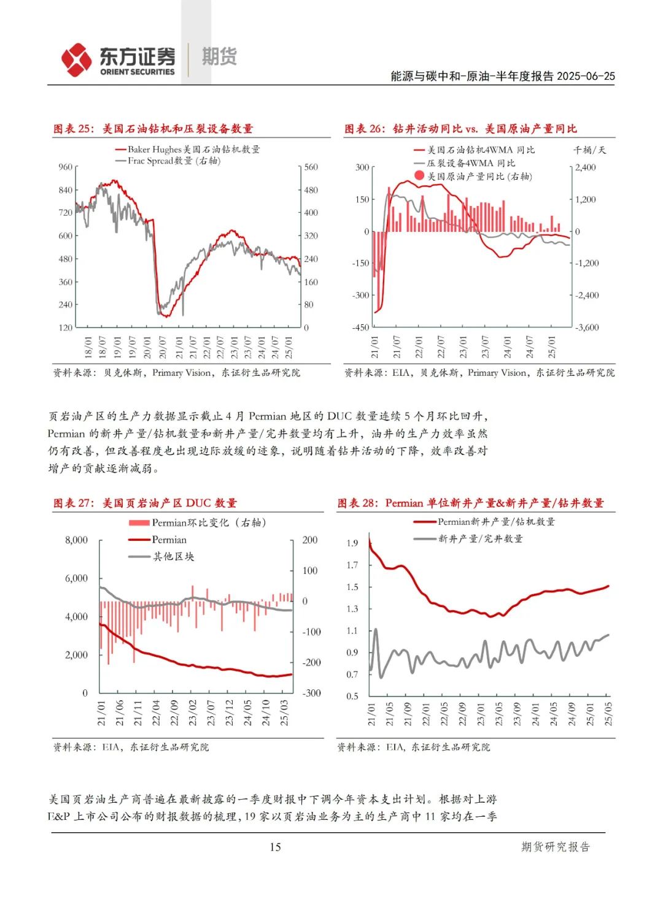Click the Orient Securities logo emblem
click(77, 59)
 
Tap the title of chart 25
click(153, 129)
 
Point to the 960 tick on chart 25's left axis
click(66, 167)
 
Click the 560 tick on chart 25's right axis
click(311, 167)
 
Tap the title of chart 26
click(460, 129)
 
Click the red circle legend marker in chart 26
click(419, 176)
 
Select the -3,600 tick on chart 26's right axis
click(586, 327)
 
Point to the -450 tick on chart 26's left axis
click(360, 327)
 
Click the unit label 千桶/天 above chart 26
click(589, 150)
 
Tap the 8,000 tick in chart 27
click(77, 540)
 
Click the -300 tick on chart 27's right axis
click(311, 693)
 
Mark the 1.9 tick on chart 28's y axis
click(352, 543)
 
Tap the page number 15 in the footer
click(275, 847)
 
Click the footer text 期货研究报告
click(555, 847)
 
